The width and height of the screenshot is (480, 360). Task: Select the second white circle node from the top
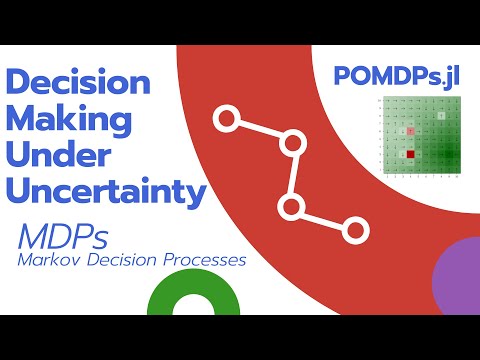292,144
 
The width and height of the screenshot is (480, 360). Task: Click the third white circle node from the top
291,207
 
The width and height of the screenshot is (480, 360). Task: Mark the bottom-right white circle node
354,230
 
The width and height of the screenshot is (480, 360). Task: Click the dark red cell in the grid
410,155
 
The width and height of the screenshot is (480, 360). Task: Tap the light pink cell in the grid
410,133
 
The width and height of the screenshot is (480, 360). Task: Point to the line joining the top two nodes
259,133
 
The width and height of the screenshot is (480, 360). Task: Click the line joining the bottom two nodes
322,219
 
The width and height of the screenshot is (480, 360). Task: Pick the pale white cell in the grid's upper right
441,119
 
